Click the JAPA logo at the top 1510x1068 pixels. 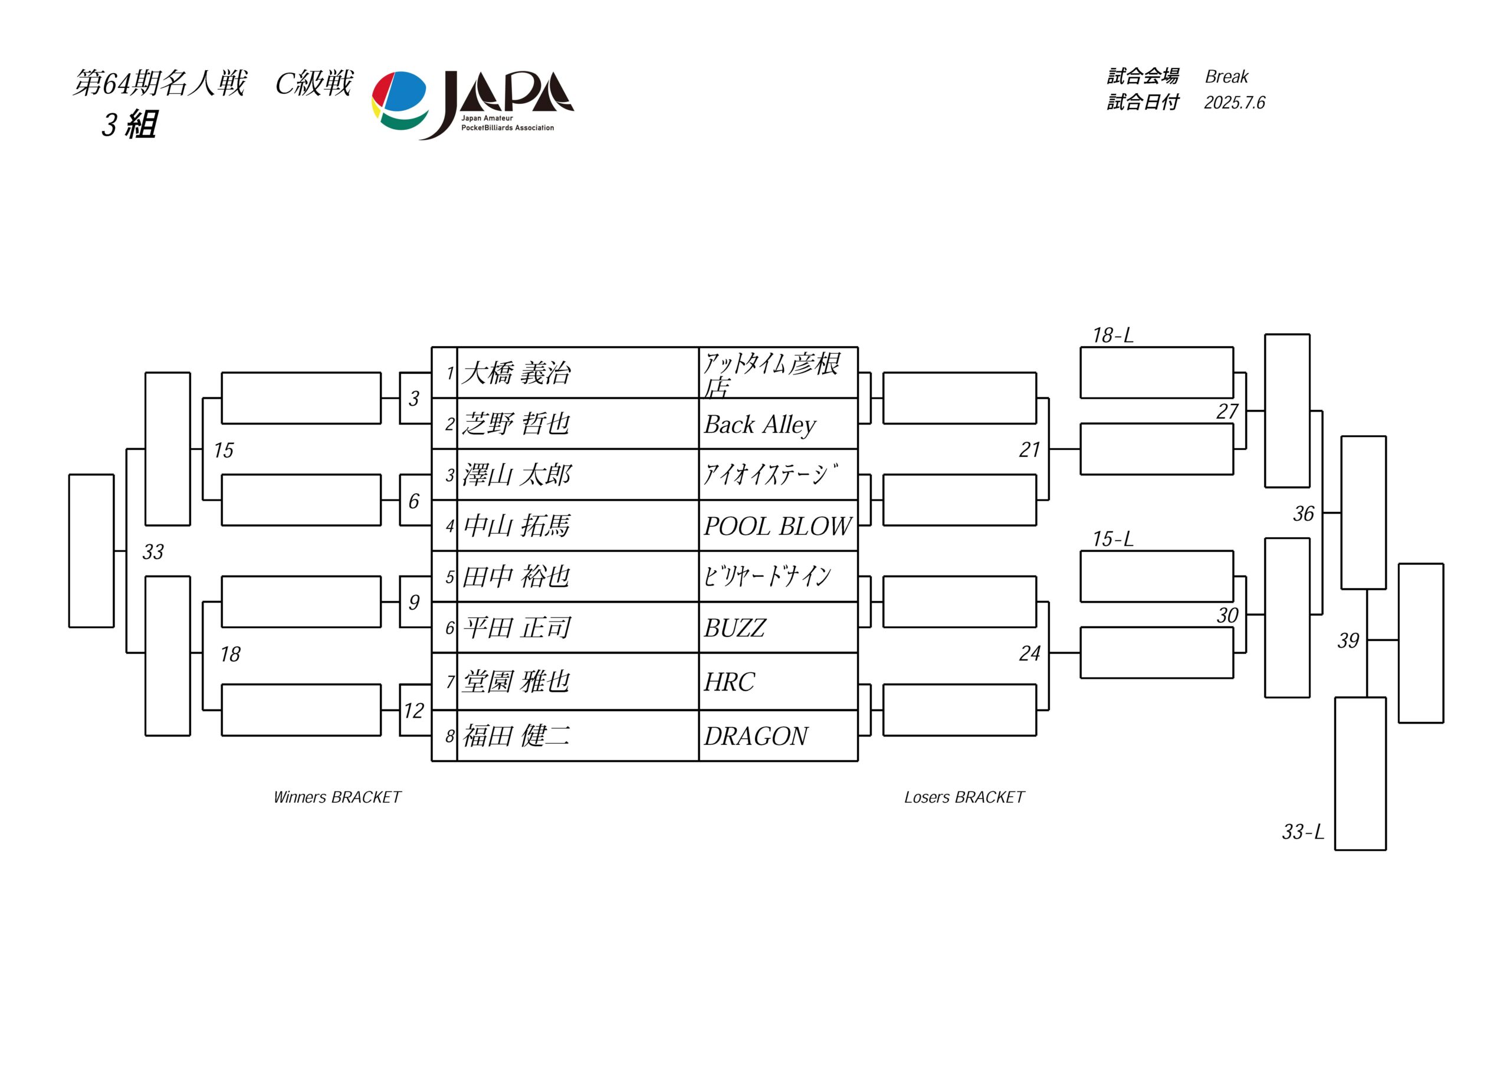click(472, 105)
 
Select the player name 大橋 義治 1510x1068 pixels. click(516, 373)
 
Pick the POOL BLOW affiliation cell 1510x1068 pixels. click(777, 526)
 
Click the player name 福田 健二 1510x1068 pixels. click(516, 736)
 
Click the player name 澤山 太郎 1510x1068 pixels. click(516, 475)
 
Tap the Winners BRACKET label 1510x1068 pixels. click(337, 798)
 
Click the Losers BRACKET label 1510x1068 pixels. click(964, 798)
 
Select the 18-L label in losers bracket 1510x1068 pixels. click(1113, 336)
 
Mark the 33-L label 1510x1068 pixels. click(1303, 832)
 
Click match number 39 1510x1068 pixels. click(1348, 640)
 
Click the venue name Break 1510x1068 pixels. click(1226, 77)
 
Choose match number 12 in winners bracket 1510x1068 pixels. click(413, 711)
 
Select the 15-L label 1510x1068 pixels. click(1113, 539)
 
